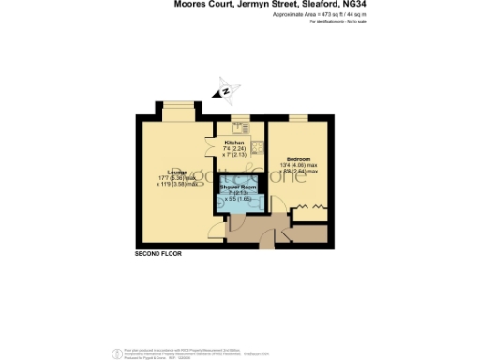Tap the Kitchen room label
[234, 141]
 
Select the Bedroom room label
[298, 159]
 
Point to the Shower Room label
[238, 187]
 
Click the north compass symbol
[225, 91]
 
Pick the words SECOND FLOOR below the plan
[157, 254]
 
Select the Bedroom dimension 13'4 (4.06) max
[301, 166]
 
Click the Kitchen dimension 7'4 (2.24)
[234, 147]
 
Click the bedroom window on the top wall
[299, 116]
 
